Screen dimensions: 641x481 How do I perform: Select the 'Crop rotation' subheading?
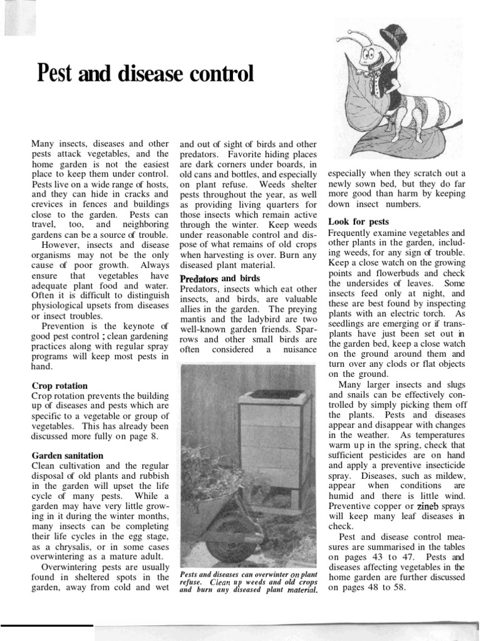[x=59, y=386]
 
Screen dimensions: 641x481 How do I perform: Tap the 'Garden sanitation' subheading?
[x=68, y=455]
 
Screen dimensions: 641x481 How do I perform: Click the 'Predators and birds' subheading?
[x=219, y=278]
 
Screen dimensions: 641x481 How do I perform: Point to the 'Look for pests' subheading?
[x=358, y=222]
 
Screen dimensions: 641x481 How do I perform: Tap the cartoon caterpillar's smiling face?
[x=376, y=57]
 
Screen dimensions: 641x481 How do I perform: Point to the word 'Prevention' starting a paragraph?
[x=65, y=326]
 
